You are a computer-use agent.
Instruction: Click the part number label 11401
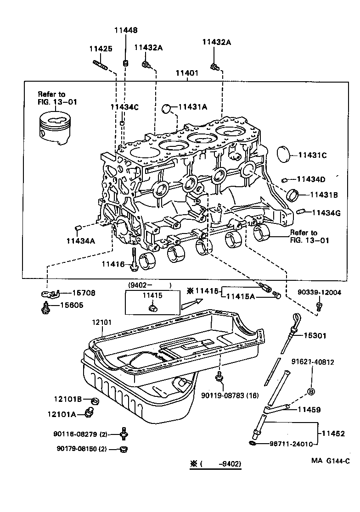tap(187, 73)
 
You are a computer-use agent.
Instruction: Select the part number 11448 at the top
tap(125, 30)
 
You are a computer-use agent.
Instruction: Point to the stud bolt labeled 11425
tap(100, 64)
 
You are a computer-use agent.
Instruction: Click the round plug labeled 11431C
tap(285, 155)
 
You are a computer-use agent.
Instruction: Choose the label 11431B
tap(324, 195)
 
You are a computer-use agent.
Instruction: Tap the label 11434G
tap(326, 212)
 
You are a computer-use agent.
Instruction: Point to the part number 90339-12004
tap(319, 292)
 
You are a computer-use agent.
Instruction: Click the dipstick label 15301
tap(315, 336)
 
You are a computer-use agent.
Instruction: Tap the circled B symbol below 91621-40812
tap(310, 391)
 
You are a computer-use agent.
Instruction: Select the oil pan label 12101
tap(101, 323)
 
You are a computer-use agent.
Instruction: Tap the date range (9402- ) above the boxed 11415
tap(150, 285)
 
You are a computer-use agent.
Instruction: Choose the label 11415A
tap(242, 297)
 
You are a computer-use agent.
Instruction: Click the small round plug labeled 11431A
tap(169, 108)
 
